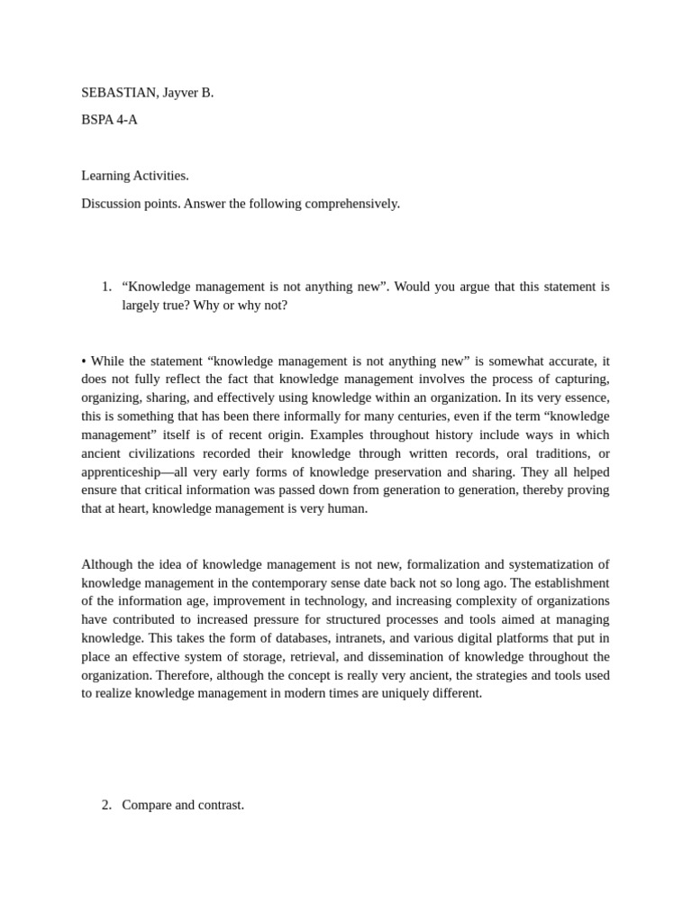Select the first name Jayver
click(x=183, y=93)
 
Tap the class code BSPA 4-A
click(x=109, y=120)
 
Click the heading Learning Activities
click(x=135, y=176)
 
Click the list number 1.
click(x=106, y=287)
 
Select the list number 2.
click(x=106, y=805)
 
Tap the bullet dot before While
click(x=84, y=361)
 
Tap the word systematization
click(x=551, y=564)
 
